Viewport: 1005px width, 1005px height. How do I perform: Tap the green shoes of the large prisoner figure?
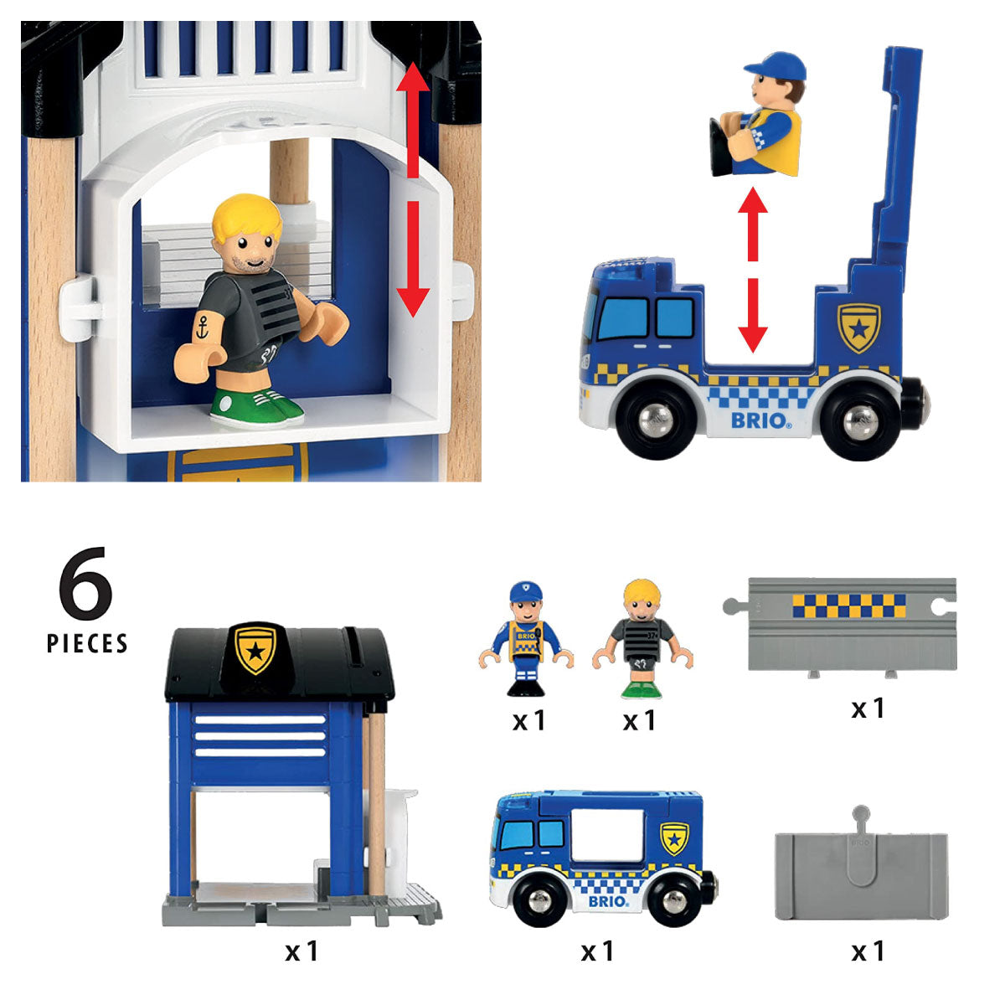255,407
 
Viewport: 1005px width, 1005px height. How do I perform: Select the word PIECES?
87,643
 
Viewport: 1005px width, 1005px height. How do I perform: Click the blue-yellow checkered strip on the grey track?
849,606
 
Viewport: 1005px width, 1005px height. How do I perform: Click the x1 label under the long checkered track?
868,709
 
